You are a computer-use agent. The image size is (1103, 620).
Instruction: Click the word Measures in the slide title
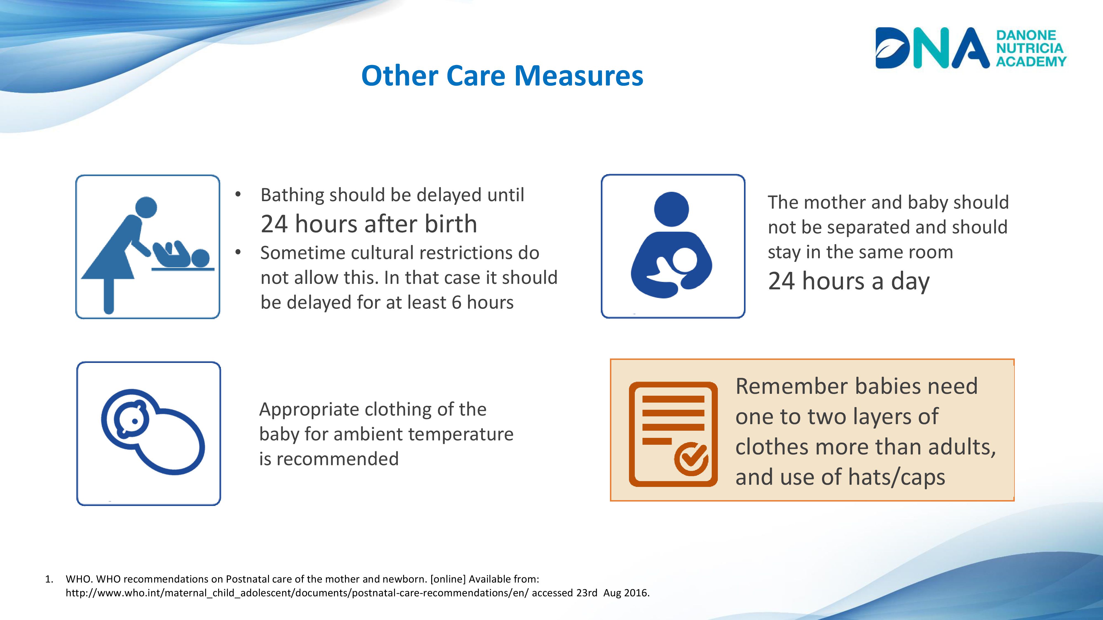point(579,76)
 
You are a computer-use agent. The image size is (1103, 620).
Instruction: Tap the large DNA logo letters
point(932,48)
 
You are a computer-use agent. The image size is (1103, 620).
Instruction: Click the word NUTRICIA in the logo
point(1030,48)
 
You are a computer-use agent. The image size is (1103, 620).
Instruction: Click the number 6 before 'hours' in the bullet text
point(456,303)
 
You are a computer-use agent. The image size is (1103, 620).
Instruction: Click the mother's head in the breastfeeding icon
point(671,209)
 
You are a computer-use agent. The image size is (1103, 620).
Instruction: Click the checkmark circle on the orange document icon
point(691,459)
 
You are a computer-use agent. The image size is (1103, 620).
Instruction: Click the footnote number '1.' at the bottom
point(49,579)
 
